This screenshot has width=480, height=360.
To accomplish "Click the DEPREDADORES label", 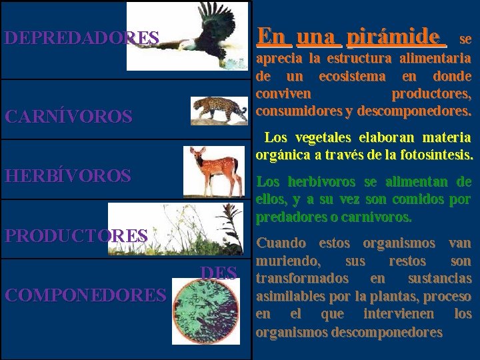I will (81, 37).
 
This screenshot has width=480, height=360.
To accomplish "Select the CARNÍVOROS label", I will (68, 117).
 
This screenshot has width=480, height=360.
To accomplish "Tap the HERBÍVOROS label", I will (67, 176).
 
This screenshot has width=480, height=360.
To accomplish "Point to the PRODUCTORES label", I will (76, 235).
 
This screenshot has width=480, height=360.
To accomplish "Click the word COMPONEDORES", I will (84, 294).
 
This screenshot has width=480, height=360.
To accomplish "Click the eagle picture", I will (187, 36).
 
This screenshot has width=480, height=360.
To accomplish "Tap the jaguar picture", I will (218, 111).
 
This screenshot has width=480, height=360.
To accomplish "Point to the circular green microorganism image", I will (205, 312).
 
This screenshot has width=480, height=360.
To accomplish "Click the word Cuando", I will (281, 243).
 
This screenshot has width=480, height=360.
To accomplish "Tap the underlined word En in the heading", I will (271, 36).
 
